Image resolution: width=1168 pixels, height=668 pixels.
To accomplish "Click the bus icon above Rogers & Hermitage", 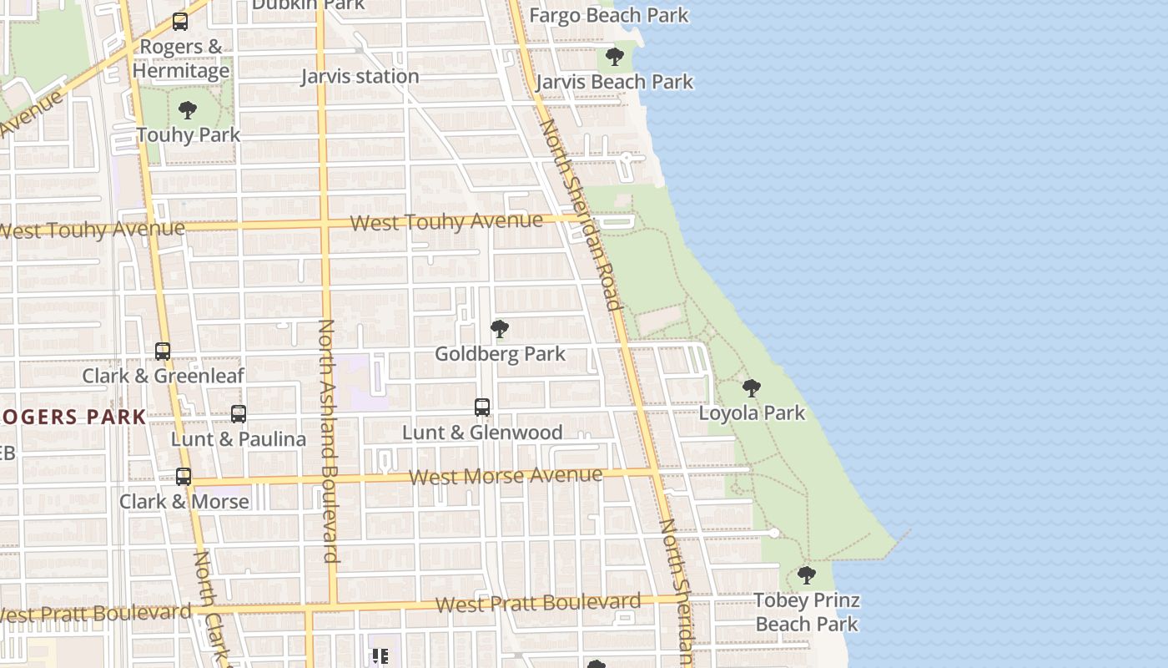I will [x=179, y=22].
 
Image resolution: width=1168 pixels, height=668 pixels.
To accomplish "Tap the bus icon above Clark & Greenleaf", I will [x=163, y=352].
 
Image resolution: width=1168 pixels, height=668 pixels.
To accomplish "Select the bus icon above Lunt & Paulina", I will [x=239, y=413].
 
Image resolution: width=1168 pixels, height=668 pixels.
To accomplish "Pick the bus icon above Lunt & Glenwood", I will [x=482, y=407].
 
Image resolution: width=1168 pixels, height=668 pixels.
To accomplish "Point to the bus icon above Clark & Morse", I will [x=184, y=477].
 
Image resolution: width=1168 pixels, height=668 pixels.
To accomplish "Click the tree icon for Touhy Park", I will [x=188, y=109].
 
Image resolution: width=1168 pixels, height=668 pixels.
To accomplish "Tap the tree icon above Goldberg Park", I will [x=500, y=328].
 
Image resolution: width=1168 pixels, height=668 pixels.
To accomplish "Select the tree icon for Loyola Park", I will [x=752, y=387].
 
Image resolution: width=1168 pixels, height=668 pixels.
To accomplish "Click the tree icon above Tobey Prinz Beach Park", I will [x=806, y=574].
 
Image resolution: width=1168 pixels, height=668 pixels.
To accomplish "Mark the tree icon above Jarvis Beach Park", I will [x=615, y=57].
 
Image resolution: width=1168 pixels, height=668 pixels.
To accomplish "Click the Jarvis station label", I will [x=360, y=77].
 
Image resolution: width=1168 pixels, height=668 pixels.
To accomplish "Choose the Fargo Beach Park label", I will [x=609, y=15].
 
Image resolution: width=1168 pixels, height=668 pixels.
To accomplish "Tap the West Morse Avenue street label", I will [x=506, y=477].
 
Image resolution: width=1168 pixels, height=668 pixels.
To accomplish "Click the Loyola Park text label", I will [x=752, y=412].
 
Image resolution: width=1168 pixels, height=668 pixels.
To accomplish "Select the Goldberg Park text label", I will [x=500, y=354].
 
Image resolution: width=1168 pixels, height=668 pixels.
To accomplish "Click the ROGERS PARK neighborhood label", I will [x=73, y=417].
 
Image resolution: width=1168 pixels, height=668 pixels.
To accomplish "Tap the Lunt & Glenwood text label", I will [x=482, y=433].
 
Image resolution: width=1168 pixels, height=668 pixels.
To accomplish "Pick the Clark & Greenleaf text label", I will [x=163, y=376].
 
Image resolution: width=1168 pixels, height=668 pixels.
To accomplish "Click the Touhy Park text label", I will [x=188, y=134].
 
